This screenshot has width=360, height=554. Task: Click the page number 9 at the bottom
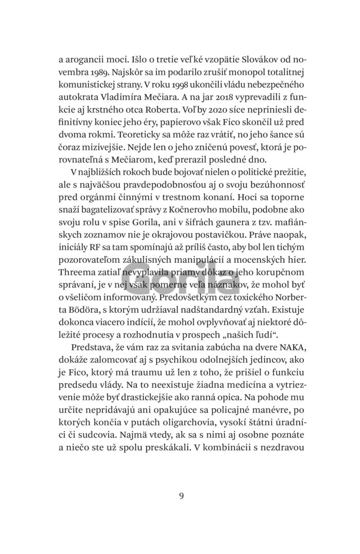pyautogui.click(x=181, y=496)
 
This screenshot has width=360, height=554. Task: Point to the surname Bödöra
pyautogui.click(x=74, y=309)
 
